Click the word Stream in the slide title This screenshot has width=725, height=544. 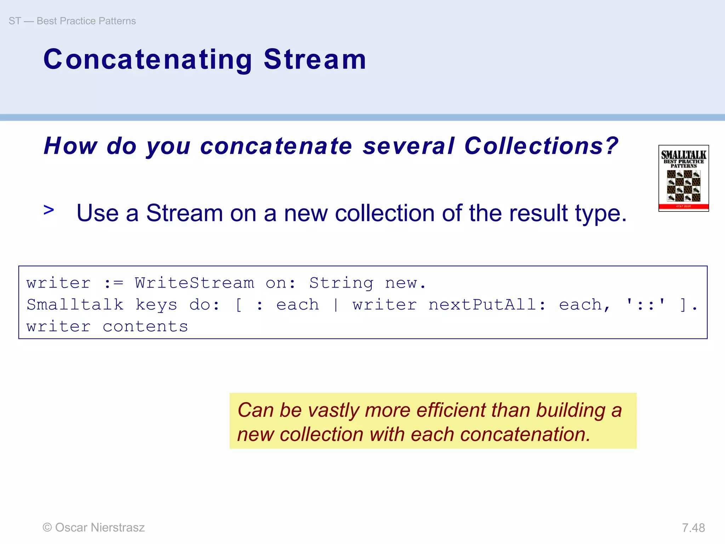coord(315,59)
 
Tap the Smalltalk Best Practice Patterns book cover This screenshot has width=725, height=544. coord(683,178)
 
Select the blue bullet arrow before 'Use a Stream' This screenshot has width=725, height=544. coord(49,210)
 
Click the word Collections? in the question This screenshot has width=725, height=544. coord(541,146)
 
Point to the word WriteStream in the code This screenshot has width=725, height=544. coord(194,283)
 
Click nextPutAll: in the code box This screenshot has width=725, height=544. coord(487,305)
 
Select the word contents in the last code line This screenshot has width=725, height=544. coord(145,327)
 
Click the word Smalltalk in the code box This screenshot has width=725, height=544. coord(75,305)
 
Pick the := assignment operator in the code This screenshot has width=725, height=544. coord(113,283)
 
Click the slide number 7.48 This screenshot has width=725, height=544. coord(693,528)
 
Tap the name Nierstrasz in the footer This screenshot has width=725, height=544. coord(118,527)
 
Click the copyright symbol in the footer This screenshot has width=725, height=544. coord(47,527)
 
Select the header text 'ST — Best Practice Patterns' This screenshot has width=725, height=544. coord(72,21)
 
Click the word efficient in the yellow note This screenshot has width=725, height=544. coord(450,410)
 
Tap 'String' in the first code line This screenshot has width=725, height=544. coord(341,283)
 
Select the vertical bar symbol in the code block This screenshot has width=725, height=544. coord(335,305)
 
